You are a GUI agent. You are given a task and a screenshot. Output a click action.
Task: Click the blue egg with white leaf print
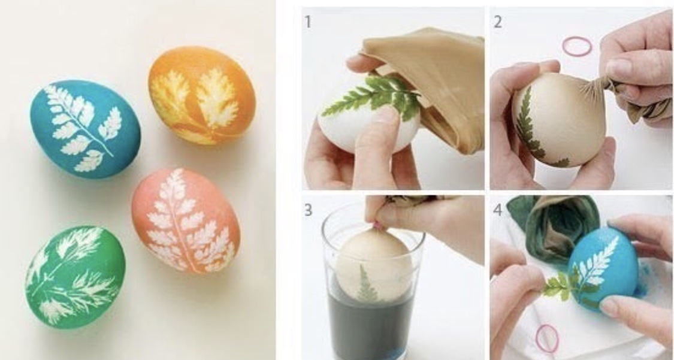84,129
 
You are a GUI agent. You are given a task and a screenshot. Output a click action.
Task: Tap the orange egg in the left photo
202,95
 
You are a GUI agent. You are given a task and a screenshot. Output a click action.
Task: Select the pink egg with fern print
186,219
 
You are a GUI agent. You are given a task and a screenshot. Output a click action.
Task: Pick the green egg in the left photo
75,277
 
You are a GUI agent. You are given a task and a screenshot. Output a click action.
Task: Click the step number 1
308,22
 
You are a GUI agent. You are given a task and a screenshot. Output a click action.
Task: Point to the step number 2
497,22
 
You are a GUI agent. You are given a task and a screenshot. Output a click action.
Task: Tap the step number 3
308,210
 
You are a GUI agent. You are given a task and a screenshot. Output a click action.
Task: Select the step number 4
497,210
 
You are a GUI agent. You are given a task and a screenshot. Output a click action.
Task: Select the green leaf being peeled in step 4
559,286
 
